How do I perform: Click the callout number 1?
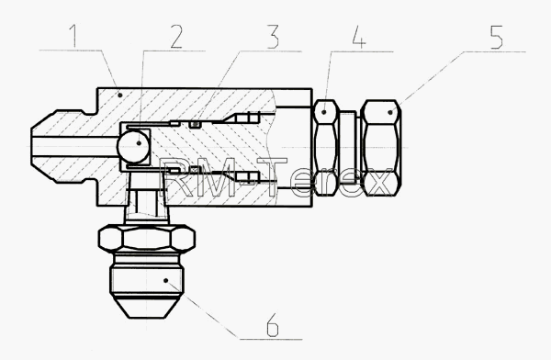point(73,36)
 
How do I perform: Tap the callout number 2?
point(176,37)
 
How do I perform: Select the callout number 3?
point(273,36)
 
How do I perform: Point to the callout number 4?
point(359,36)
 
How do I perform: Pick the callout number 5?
point(496,37)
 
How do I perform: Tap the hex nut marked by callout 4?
point(326,147)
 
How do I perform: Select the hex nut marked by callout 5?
point(381,148)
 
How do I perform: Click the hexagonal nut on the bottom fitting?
point(147,239)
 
